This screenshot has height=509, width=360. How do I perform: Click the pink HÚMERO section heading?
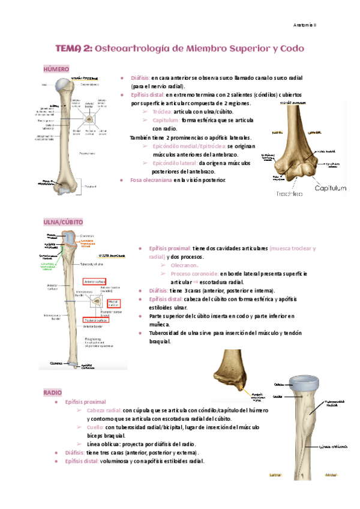(x=56, y=70)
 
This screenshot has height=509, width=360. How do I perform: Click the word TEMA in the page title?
(x=72, y=49)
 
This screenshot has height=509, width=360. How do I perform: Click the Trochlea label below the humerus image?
(x=289, y=193)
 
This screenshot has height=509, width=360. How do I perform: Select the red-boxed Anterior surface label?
(x=94, y=281)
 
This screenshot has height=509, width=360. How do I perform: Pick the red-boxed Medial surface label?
(x=114, y=304)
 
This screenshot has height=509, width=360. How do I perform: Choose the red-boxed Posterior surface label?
(x=94, y=321)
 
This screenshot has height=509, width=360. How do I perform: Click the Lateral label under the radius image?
(x=276, y=474)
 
